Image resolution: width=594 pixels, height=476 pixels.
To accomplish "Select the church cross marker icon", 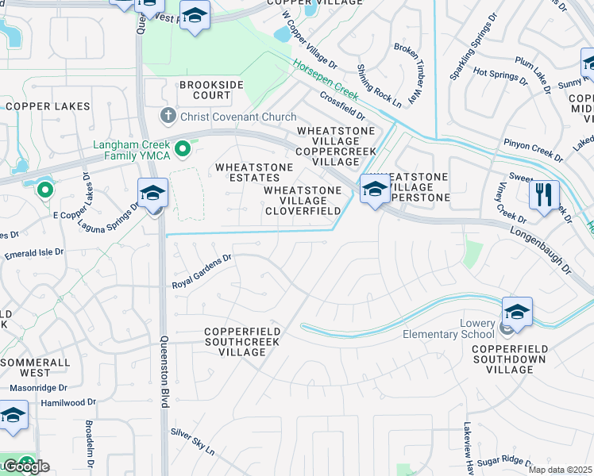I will (x=168, y=117).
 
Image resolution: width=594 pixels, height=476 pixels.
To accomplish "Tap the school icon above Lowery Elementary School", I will (x=516, y=312).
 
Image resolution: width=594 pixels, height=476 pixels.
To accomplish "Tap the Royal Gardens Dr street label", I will (x=202, y=271).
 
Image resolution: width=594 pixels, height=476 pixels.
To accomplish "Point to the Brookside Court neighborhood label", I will (x=205, y=90).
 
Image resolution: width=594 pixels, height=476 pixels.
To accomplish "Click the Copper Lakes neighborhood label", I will (x=48, y=106).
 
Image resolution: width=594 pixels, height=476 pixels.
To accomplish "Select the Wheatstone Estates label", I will (x=254, y=173).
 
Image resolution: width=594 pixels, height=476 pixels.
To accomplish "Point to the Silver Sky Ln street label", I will (x=192, y=442).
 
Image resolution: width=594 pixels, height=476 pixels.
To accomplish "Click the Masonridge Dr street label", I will (x=37, y=389).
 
